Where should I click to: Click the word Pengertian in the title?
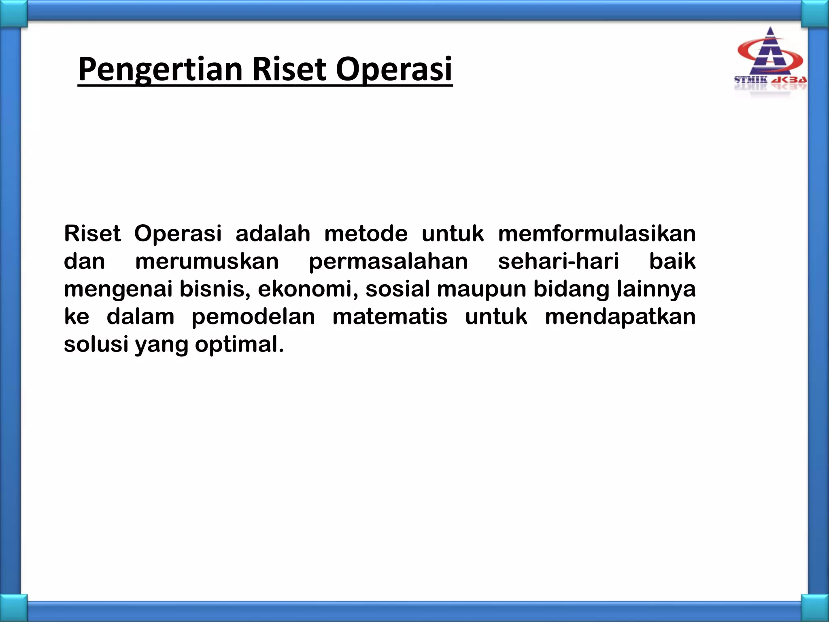pyautogui.click(x=160, y=70)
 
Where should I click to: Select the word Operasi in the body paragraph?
pyautogui.click(x=178, y=234)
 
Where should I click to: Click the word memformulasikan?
pyautogui.click(x=597, y=234)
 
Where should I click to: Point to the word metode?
pyautogui.click(x=366, y=234)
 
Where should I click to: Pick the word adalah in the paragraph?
pyautogui.click(x=273, y=234)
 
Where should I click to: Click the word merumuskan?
pyautogui.click(x=207, y=261)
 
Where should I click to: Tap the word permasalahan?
pyautogui.click(x=388, y=262)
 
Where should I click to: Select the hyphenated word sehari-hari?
pyautogui.click(x=558, y=261)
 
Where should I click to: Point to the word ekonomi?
pyautogui.click(x=308, y=289)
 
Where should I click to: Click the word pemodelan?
pyautogui.click(x=253, y=317)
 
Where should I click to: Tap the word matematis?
pyautogui.click(x=390, y=317)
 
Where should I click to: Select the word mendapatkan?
pyautogui.click(x=620, y=317)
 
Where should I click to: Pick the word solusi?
pyautogui.click(x=96, y=344)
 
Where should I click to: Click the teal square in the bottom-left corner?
pyautogui.click(x=13, y=608)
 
